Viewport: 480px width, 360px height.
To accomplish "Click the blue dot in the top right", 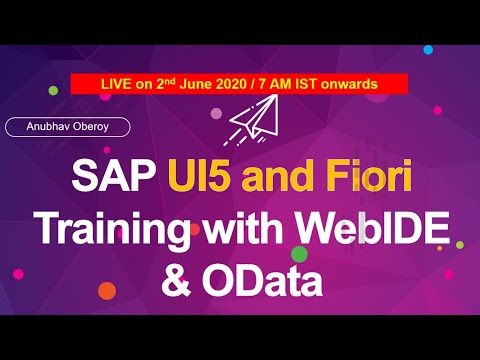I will pyautogui.click(x=428, y=49).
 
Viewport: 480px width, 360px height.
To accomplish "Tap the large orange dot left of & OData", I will pyautogui.click(x=106, y=291).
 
